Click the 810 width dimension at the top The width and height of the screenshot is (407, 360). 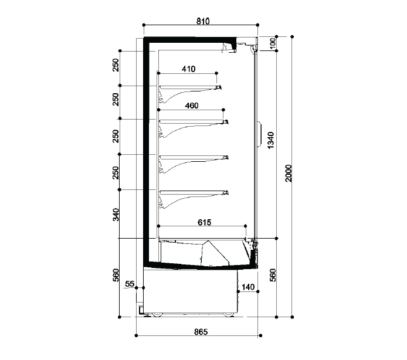point(203,21)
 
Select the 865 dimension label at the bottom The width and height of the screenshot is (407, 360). point(201,332)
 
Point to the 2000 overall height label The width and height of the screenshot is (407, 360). point(289,173)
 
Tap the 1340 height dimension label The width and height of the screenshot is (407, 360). point(270,140)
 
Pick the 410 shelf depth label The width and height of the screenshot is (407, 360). point(188,69)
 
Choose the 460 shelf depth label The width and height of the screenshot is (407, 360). point(192,106)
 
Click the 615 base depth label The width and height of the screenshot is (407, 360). point(205,222)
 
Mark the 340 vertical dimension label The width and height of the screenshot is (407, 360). point(116,215)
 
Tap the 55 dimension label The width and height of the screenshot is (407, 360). point(130,284)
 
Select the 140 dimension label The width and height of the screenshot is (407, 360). point(248,287)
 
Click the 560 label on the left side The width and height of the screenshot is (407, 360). point(116,275)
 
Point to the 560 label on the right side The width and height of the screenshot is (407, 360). point(273,275)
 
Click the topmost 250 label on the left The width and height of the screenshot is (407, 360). point(116,65)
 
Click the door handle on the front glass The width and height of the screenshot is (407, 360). point(260,134)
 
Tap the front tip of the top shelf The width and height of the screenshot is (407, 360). point(221,87)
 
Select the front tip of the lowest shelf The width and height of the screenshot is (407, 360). point(228,192)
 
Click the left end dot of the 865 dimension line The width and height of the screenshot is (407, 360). point(136,335)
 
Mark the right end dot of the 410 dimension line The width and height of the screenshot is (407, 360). point(217,73)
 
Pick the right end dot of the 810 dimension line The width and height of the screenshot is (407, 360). point(257,25)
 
